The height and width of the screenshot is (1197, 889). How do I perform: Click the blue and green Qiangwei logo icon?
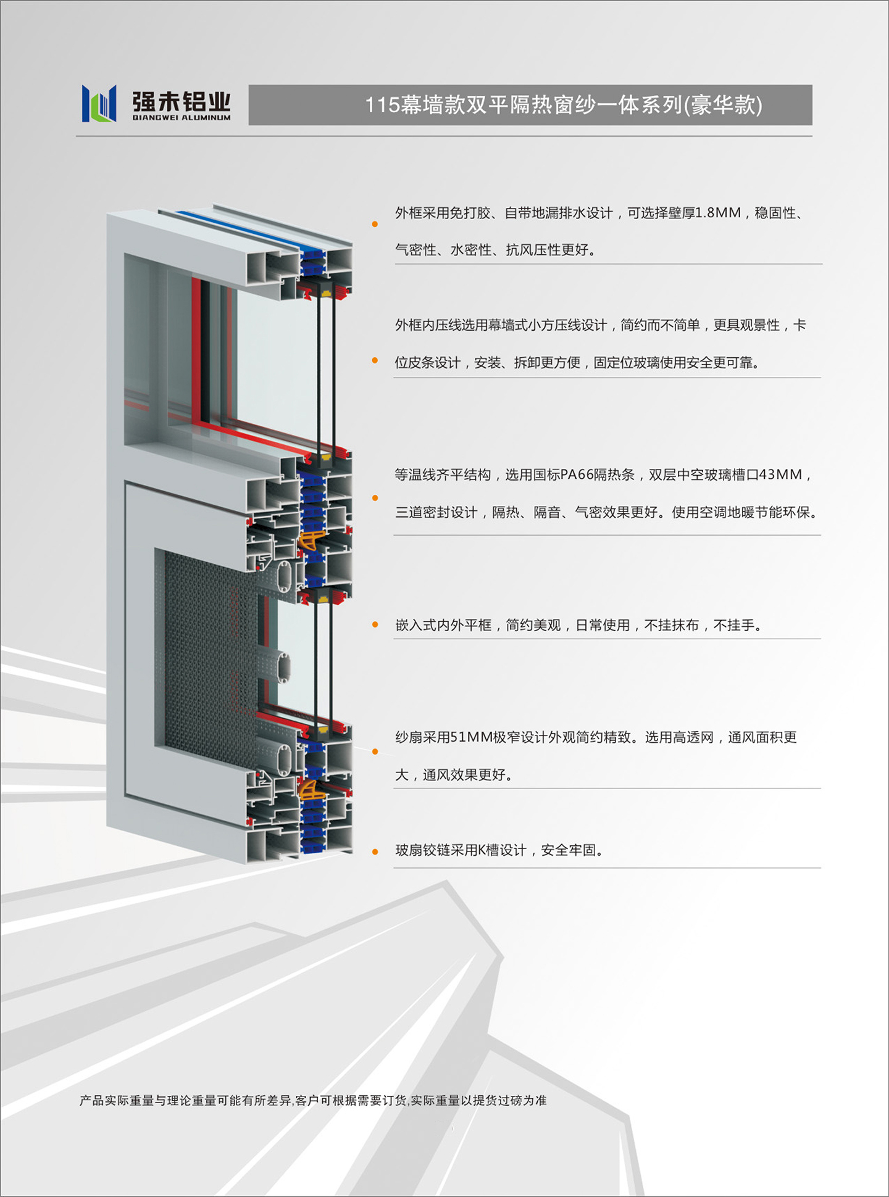[99, 103]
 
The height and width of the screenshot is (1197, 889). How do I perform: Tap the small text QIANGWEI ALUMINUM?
[182, 117]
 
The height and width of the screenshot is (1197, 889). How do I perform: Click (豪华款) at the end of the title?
[723, 105]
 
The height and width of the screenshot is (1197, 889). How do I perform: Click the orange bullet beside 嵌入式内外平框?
[375, 625]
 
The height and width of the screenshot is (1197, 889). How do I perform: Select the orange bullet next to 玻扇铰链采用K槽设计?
[375, 851]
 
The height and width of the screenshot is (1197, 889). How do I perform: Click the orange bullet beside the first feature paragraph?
[375, 224]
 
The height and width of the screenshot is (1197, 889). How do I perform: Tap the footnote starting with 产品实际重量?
[313, 1100]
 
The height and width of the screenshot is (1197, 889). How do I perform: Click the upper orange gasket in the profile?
[312, 539]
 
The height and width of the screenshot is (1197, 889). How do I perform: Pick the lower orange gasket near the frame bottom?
[312, 790]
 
